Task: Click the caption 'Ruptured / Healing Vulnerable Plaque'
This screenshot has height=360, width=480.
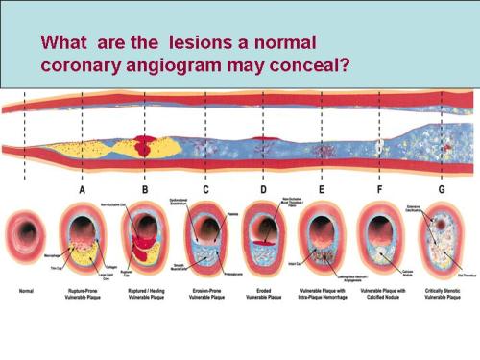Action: (145, 291)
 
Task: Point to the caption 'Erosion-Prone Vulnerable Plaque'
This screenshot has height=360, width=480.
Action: (204, 291)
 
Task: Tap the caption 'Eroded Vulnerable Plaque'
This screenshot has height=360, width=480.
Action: (263, 291)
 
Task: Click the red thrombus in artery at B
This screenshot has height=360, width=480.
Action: (145, 147)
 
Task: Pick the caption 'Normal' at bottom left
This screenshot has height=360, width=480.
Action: (22, 288)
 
